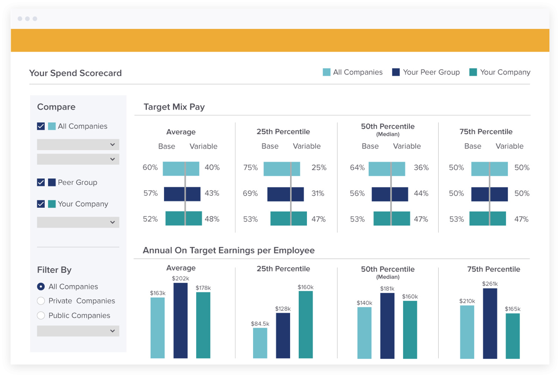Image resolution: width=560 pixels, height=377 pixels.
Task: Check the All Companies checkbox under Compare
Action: point(41,126)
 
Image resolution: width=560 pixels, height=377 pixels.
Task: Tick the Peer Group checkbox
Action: point(41,183)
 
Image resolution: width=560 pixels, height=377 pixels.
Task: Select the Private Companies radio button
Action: point(41,301)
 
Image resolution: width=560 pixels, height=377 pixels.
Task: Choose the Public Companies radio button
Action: point(41,315)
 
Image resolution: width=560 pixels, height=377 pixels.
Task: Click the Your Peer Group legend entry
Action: point(426,72)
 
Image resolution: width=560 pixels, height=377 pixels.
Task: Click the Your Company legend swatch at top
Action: point(473,72)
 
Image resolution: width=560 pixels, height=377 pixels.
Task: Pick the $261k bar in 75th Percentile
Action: point(490,323)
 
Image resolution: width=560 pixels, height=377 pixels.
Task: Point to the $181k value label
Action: point(387,289)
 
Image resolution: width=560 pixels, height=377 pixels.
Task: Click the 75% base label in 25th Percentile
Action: point(250,168)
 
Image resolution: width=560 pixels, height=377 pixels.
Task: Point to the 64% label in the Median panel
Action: point(357,168)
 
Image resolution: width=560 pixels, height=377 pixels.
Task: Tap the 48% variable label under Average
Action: point(212,219)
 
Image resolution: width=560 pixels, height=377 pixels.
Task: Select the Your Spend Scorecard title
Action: point(75,73)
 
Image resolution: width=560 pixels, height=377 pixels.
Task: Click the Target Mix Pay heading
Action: point(174,107)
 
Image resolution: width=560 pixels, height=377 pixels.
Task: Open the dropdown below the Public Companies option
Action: point(78,331)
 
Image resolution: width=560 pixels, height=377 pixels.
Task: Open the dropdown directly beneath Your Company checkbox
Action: point(78,222)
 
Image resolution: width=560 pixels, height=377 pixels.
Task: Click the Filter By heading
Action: point(54,270)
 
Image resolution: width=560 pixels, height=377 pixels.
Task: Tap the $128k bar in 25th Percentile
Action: point(283,336)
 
